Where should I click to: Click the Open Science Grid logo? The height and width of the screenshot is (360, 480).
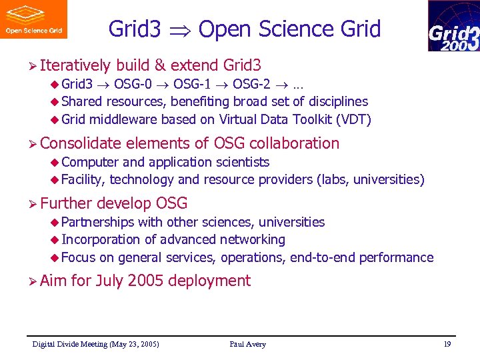pos(34,19)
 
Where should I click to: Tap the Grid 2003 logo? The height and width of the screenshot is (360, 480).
pos(453,26)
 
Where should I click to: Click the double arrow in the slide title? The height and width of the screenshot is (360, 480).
pos(180,30)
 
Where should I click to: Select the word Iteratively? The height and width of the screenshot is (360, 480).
pos(75,65)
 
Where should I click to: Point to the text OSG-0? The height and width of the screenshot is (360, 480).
pos(131,85)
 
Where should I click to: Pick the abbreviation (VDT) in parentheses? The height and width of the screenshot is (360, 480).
pos(353,120)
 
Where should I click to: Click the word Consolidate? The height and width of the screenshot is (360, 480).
pos(80,143)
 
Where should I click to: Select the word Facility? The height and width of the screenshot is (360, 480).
pos(83,179)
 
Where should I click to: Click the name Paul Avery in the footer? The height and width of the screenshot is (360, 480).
pos(247,344)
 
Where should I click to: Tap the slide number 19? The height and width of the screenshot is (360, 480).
pos(447,344)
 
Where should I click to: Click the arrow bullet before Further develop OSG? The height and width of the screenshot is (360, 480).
pos(31,203)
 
